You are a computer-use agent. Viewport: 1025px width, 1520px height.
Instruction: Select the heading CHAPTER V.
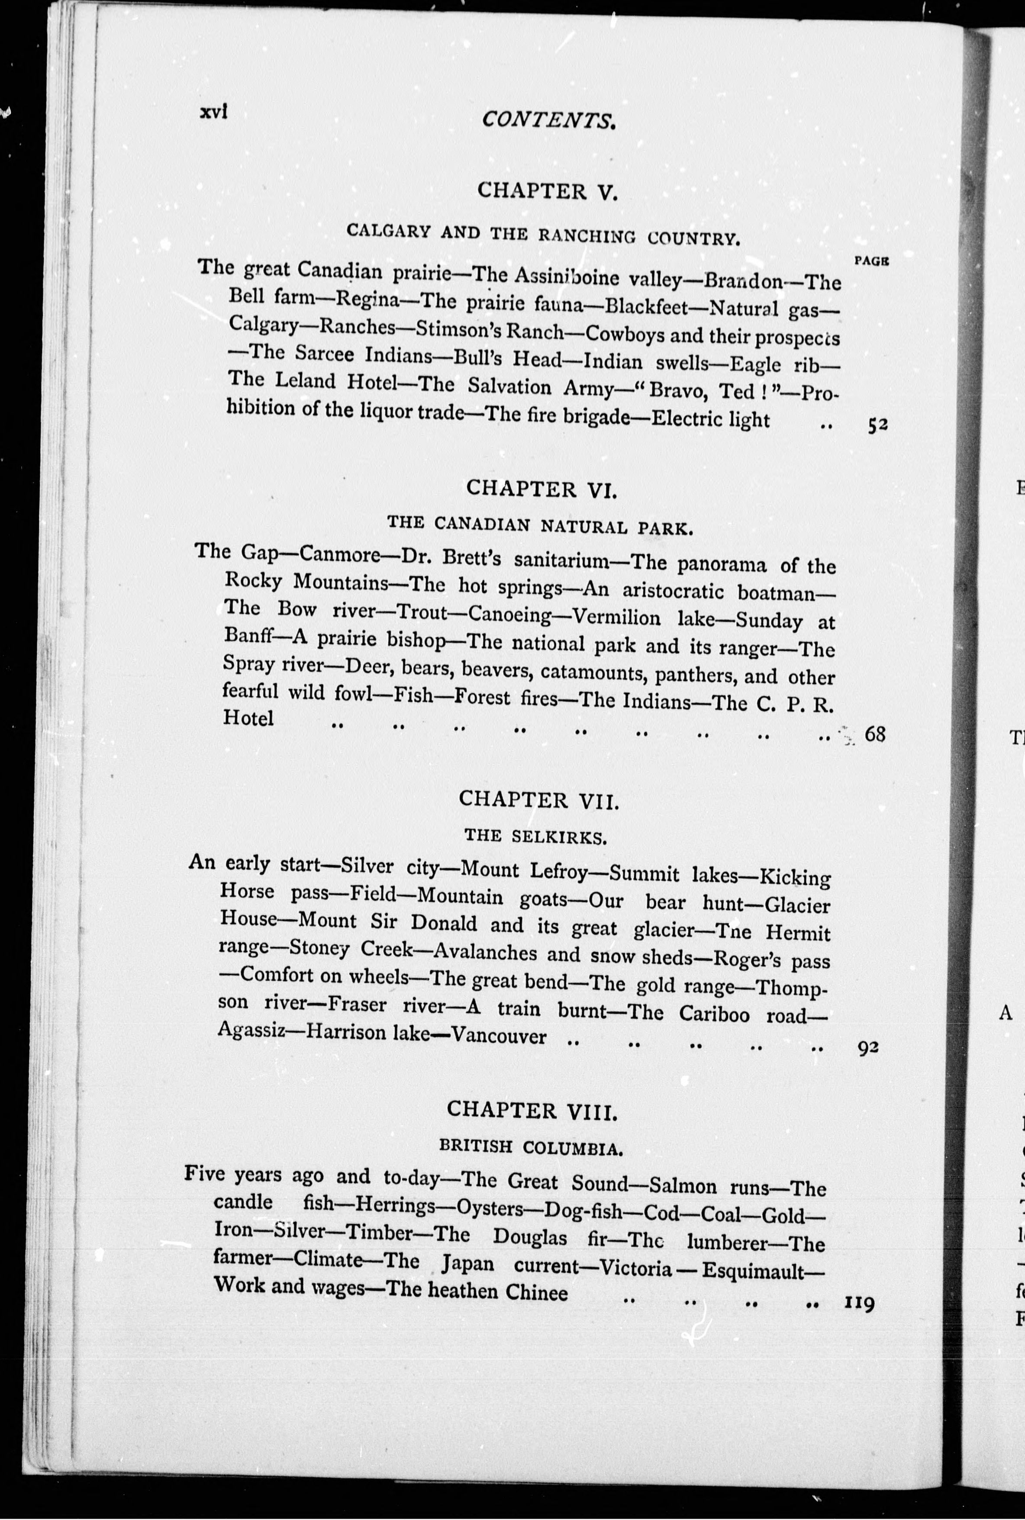(x=547, y=191)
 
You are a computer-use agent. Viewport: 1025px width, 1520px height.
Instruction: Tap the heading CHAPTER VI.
(x=541, y=488)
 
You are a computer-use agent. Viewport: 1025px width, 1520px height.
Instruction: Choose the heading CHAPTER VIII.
(x=532, y=1110)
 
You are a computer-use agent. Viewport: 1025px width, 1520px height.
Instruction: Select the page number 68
(x=875, y=734)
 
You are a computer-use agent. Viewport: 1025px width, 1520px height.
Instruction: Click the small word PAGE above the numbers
(x=871, y=261)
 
